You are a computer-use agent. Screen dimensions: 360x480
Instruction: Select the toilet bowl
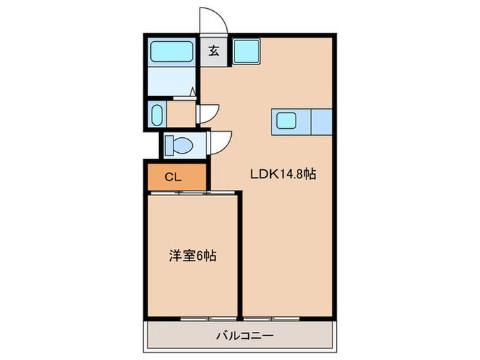[x=182, y=145]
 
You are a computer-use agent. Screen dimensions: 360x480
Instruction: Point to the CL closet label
[x=173, y=177]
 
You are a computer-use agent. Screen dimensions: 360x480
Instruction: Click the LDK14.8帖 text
[x=282, y=175]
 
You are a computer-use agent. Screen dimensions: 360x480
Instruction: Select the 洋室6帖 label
[x=193, y=256]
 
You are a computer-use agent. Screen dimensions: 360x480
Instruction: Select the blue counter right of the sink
[x=321, y=122]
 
